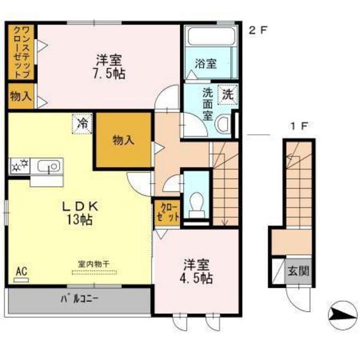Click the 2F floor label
tap(258, 31)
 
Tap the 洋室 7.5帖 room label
tap(109, 67)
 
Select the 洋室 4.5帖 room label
tap(196, 271)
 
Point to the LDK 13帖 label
tap(80, 213)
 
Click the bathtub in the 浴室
tap(212, 36)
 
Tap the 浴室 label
tap(206, 64)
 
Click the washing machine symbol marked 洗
tap(228, 94)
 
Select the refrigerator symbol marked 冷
tap(82, 123)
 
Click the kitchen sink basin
tap(50, 166)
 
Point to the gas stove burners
tap(19, 166)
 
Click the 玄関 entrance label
tap(298, 271)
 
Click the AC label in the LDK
tap(21, 271)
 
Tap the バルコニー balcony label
tap(80, 299)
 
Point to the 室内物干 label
tap(94, 264)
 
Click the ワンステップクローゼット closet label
tap(21, 52)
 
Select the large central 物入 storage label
tap(123, 140)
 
